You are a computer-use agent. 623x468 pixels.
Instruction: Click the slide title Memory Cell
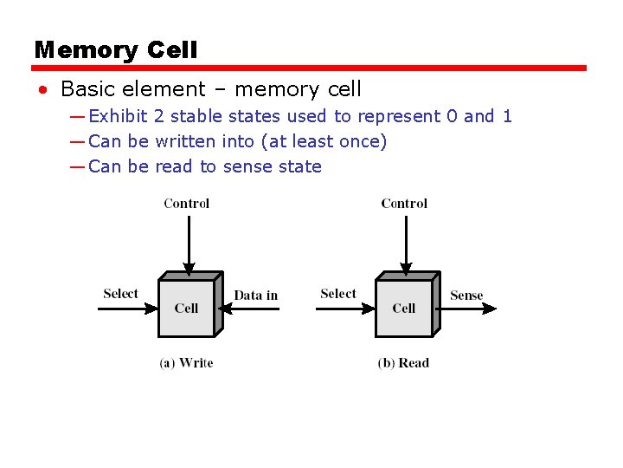pyautogui.click(x=116, y=50)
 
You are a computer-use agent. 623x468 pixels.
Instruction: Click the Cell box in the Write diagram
pyautogui.click(x=186, y=308)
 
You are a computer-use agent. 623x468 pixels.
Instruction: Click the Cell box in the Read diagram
pyautogui.click(x=403, y=308)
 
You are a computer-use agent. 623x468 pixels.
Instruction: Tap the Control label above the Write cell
pyautogui.click(x=186, y=204)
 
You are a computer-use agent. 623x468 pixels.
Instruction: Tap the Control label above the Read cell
pyautogui.click(x=404, y=204)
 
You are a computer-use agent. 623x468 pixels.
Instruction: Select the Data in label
pyautogui.click(x=256, y=296)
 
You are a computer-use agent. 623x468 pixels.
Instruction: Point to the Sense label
pyautogui.click(x=466, y=296)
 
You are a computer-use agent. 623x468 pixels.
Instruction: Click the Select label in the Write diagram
pyautogui.click(x=120, y=293)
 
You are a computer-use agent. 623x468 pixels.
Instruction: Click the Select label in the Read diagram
pyautogui.click(x=337, y=293)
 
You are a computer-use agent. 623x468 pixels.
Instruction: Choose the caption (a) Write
pyautogui.click(x=186, y=362)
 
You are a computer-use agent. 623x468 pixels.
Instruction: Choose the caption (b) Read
pyautogui.click(x=403, y=362)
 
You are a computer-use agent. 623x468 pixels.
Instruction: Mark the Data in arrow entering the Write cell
pyautogui.click(x=251, y=308)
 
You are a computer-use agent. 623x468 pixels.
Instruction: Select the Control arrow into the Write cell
pyautogui.click(x=186, y=243)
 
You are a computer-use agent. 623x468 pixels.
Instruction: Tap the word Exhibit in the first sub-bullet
pyautogui.click(x=119, y=116)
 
